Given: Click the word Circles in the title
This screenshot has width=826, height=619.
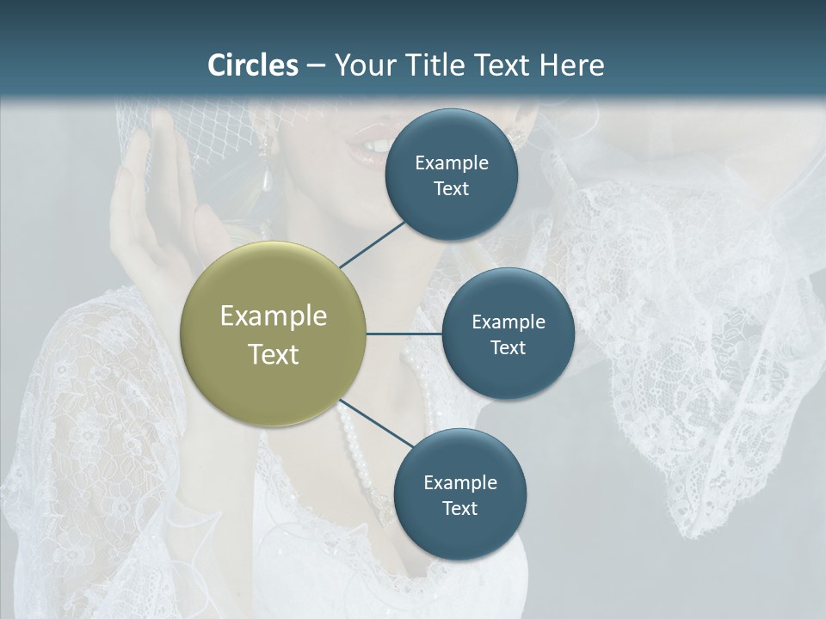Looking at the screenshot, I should (x=252, y=65).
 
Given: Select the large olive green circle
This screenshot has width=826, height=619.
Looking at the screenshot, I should (x=273, y=334).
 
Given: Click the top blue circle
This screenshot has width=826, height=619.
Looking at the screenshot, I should (x=451, y=175).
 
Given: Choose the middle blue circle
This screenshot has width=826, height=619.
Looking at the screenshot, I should (x=508, y=334).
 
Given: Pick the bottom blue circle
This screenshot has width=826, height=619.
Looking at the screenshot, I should (x=459, y=494).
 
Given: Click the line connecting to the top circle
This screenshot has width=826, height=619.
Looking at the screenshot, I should (x=372, y=244).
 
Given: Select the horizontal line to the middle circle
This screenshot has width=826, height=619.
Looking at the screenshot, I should (x=404, y=334).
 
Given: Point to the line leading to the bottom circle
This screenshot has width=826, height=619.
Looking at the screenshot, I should (x=375, y=424).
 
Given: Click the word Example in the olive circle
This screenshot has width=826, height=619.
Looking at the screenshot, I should (x=273, y=316).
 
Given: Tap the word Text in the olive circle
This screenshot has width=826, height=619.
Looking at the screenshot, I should (x=273, y=354).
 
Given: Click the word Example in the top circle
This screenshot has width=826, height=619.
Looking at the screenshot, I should (x=451, y=162).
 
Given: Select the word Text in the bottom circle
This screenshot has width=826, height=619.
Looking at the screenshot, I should (x=459, y=508).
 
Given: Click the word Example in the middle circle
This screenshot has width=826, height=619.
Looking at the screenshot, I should (x=508, y=322).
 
